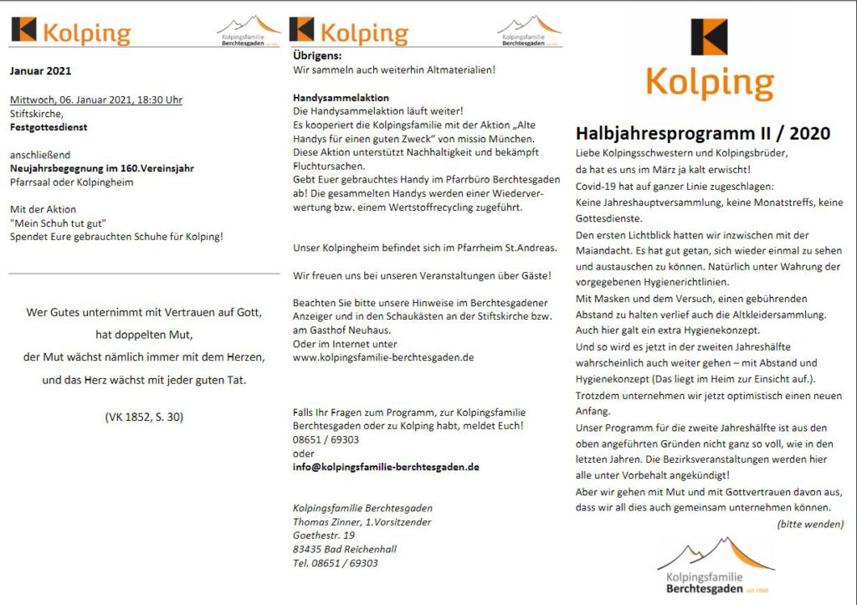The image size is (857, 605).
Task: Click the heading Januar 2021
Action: coord(40,71)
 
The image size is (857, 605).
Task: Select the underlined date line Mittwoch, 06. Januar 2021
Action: coord(95,100)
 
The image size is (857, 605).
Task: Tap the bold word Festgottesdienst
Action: coord(49,128)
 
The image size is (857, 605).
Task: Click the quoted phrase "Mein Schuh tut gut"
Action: coord(58,223)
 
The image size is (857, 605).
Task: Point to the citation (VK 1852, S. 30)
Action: coord(144,416)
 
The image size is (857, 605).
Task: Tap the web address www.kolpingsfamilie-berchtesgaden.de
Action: coord(383,356)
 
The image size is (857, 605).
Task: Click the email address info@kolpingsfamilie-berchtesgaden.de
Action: coord(386,466)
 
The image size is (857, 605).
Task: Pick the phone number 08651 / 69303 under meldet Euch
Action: coord(326,439)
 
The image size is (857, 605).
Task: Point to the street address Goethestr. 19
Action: coord(323,536)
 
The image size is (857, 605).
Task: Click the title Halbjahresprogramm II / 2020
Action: coord(702,133)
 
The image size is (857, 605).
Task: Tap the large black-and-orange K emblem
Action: coord(709,37)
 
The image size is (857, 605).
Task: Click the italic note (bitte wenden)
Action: coord(809,524)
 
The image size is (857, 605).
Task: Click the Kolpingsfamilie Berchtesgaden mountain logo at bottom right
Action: coord(716,567)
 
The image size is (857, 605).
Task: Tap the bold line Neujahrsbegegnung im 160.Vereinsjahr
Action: coord(102,168)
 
